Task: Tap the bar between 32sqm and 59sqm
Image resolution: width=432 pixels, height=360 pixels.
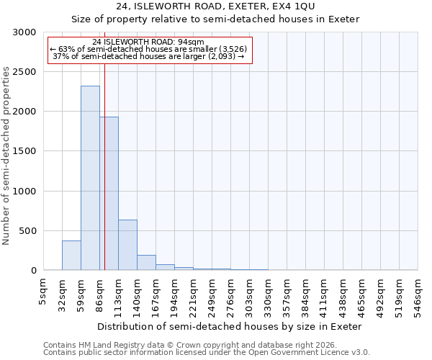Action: click(x=71, y=256)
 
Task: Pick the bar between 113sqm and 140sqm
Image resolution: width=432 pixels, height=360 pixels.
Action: click(x=127, y=245)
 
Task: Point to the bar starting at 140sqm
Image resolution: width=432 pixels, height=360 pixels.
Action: click(x=146, y=263)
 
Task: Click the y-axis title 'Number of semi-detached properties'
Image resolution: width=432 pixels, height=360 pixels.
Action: click(x=6, y=156)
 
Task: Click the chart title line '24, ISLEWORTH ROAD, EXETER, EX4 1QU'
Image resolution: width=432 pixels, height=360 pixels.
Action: click(x=215, y=6)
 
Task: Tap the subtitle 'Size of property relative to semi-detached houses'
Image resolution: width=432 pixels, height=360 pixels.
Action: click(x=215, y=19)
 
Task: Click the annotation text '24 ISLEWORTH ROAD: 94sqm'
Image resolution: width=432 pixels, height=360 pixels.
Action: click(x=149, y=42)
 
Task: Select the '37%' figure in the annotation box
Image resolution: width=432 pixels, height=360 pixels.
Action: click(x=60, y=56)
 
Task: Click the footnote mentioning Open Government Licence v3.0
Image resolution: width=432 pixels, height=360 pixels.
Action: click(x=207, y=353)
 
